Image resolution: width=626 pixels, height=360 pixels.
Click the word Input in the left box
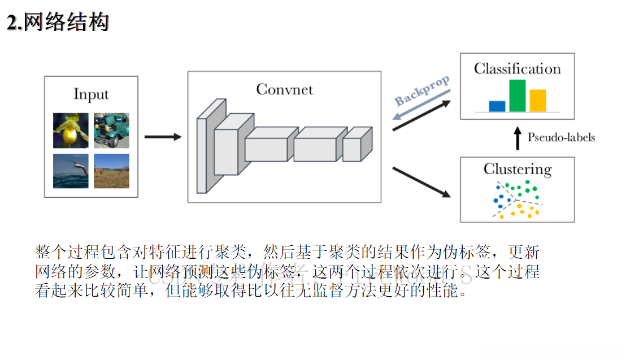(x=91, y=94)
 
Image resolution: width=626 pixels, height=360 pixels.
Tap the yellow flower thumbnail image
(x=71, y=130)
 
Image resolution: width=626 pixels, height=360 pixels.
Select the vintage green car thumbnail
(x=111, y=130)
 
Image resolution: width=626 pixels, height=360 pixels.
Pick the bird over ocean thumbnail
(x=71, y=171)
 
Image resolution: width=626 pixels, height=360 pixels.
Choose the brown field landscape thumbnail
(x=111, y=171)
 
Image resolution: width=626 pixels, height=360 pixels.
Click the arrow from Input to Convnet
(x=163, y=137)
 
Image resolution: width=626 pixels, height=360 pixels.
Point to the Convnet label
(x=284, y=89)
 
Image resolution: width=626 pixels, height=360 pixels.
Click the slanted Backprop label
(x=422, y=90)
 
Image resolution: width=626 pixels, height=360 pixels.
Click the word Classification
(x=517, y=69)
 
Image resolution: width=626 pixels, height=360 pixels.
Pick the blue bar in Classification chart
(x=497, y=106)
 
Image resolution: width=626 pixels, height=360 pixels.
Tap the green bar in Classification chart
(x=517, y=96)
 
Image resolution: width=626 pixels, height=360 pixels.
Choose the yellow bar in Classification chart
(x=537, y=101)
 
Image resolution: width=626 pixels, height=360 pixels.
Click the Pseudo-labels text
(x=561, y=137)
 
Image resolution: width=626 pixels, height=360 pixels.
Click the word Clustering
(x=517, y=169)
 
